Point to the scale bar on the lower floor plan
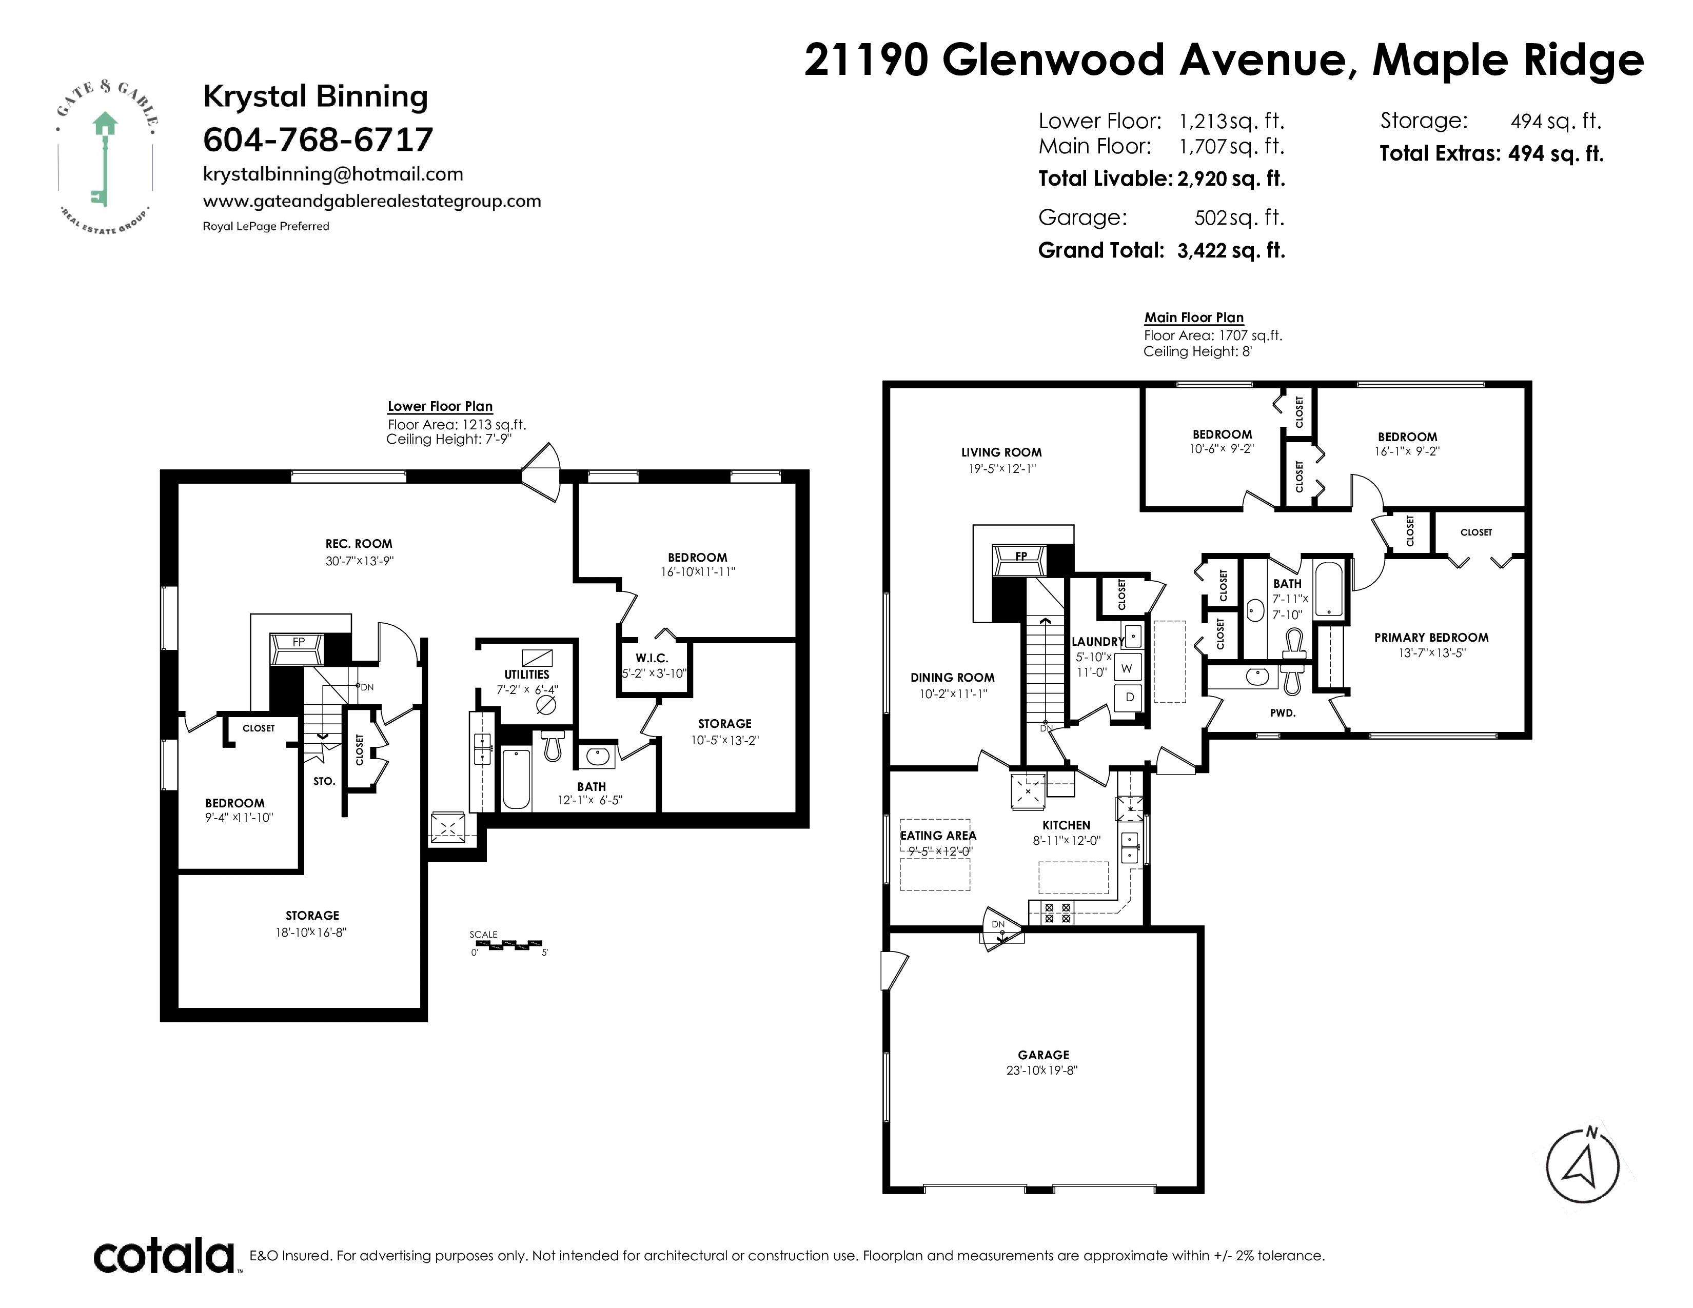tap(508, 944)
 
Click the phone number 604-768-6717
tap(318, 140)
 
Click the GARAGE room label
tap(1044, 1055)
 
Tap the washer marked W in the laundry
tap(1127, 668)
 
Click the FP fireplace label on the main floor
tap(1021, 556)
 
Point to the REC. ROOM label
tap(359, 544)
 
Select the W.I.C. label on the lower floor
tap(652, 658)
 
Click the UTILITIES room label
tap(527, 674)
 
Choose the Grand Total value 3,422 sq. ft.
tap(1231, 250)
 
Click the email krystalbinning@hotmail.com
tap(333, 174)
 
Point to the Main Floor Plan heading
tap(1194, 318)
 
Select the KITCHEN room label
tap(1067, 825)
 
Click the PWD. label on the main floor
tap(1283, 713)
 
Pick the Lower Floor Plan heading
tap(440, 406)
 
